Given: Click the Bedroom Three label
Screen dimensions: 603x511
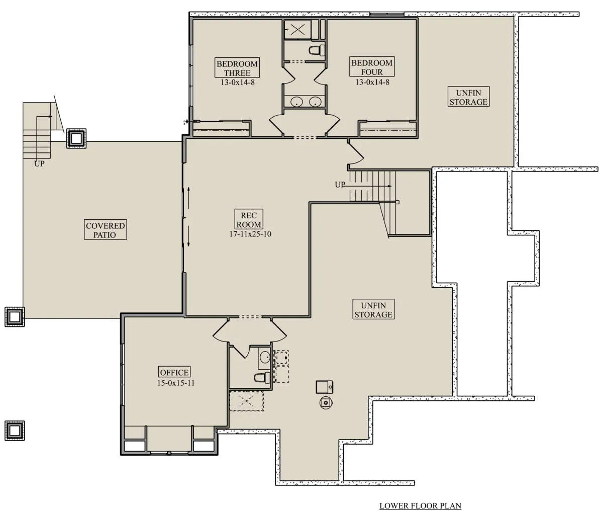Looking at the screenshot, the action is (237, 68).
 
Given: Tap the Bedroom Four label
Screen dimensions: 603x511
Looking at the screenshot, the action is (372, 67).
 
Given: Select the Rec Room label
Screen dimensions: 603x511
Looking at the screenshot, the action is (249, 220).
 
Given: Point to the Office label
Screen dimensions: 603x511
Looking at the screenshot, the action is (174, 372).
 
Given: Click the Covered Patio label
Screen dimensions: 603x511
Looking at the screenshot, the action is (106, 230).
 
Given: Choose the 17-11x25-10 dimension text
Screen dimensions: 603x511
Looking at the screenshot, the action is (250, 234).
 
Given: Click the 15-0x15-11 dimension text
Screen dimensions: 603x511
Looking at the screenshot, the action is (175, 383).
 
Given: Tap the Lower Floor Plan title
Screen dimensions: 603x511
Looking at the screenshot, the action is (421, 505).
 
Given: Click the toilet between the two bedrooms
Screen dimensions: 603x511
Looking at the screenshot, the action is (317, 50).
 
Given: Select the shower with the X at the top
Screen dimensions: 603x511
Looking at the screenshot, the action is (297, 29).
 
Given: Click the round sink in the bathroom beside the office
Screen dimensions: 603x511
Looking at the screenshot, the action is (265, 357).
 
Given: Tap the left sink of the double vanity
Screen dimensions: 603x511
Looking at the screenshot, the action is (296, 102).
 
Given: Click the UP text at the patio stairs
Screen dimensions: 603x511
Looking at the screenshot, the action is (39, 164).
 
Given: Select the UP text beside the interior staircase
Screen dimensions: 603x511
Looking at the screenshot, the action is (340, 185).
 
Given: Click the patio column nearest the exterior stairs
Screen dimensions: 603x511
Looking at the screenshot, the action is (76, 138).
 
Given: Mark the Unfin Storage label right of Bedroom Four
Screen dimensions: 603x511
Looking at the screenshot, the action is (468, 97).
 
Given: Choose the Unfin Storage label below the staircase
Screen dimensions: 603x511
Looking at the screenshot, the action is (373, 310).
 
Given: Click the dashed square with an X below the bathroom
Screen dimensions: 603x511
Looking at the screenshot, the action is (247, 401).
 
